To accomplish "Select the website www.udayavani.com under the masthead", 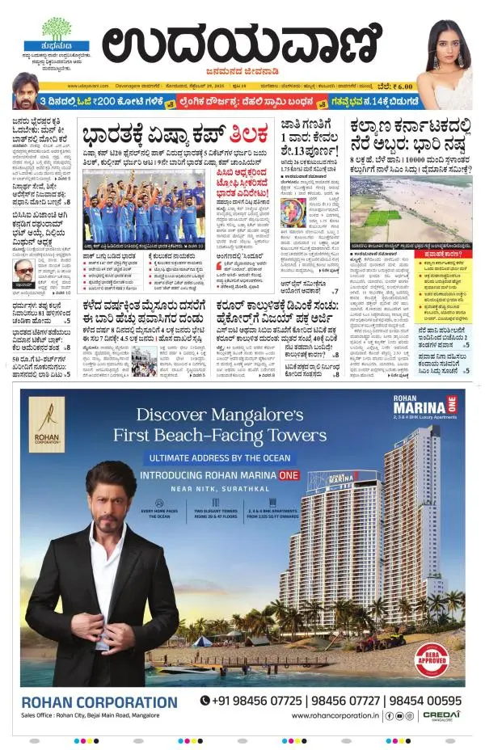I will (89, 86).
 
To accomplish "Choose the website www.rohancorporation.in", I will (335, 715).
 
